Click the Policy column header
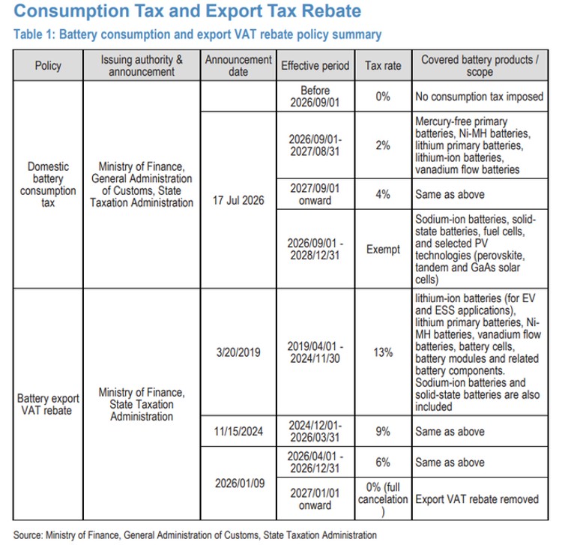pos(48,66)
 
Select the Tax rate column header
pos(383,66)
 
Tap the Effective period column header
pos(315,66)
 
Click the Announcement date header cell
pos(238,66)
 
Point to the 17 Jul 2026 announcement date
pos(238,200)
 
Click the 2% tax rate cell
pos(383,145)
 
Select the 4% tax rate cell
pos(383,194)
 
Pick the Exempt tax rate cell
pos(383,249)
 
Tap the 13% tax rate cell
pos(383,352)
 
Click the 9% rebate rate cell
pos(383,431)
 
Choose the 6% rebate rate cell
pos(383,463)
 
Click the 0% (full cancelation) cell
pos(383,499)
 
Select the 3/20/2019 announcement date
pos(238,352)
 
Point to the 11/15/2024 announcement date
pos(238,431)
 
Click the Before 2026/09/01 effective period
pos(315,97)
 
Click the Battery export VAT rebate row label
pos(48,404)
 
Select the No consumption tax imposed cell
pos(480,97)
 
